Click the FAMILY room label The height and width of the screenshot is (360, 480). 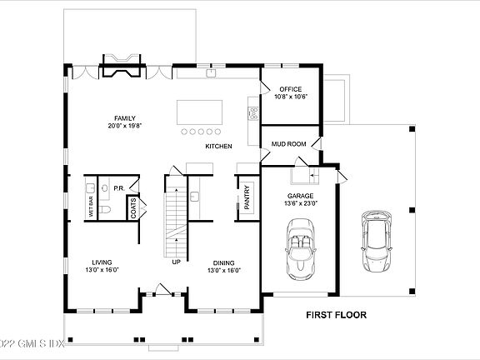[x=125, y=118]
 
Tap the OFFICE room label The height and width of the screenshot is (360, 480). [x=291, y=89]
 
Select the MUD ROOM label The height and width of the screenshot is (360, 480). [x=288, y=144]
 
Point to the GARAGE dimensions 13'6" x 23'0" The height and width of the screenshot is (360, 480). [x=300, y=203]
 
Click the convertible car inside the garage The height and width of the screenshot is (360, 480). [x=300, y=249]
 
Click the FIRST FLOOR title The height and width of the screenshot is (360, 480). [x=336, y=315]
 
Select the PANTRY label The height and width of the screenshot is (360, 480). [x=247, y=197]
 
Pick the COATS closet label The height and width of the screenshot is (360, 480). [x=133, y=208]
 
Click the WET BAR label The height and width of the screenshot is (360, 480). [x=91, y=207]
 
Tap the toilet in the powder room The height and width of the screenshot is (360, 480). [x=104, y=210]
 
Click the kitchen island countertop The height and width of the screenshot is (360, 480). [x=200, y=112]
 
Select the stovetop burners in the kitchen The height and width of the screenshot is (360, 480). [x=254, y=113]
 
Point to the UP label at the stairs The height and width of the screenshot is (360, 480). [x=177, y=262]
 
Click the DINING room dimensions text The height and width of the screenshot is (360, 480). [x=224, y=271]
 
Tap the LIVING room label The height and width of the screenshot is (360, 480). [x=102, y=262]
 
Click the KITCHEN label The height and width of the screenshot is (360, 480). [x=218, y=147]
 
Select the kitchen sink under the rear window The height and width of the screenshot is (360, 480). [x=211, y=73]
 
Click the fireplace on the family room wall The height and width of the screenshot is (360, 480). [x=122, y=65]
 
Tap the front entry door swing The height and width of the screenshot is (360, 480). [x=163, y=289]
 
